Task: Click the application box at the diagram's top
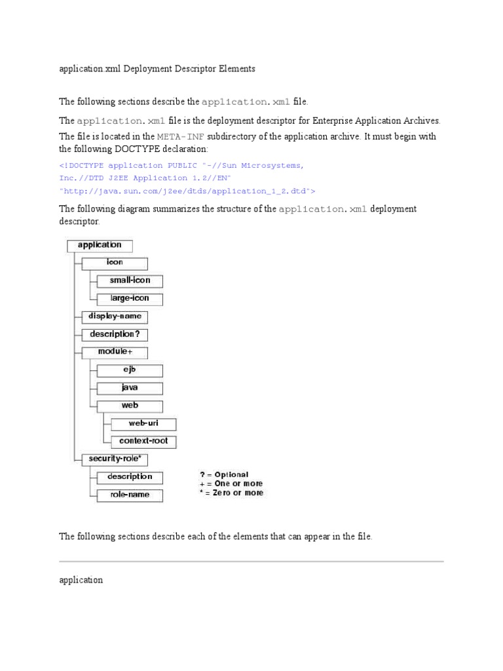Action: (x=99, y=246)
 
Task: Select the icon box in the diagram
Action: (x=115, y=263)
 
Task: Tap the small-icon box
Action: (x=130, y=281)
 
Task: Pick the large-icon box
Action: (x=130, y=299)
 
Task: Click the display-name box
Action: (x=115, y=317)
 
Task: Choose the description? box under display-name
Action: (x=115, y=335)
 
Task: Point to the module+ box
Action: (x=115, y=353)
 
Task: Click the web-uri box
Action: (x=143, y=424)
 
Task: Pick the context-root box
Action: (x=143, y=442)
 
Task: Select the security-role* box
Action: (x=115, y=459)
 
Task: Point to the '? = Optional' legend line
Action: (x=224, y=474)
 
